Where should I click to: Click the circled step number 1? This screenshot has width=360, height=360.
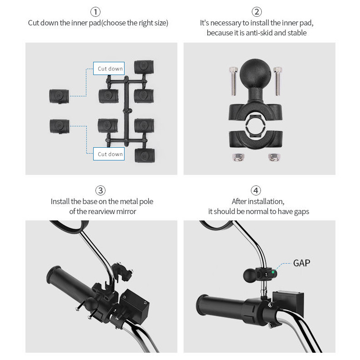tap(95, 12)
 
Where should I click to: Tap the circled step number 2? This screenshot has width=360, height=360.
tap(257, 12)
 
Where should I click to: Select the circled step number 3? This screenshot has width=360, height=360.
tap(100, 190)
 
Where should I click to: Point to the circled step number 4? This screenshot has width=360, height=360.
tap(256, 190)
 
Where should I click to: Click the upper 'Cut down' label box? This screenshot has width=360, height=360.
tap(109, 69)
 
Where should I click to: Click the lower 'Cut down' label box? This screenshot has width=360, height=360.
tap(109, 154)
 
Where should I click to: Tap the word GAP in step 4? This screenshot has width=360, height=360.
tap(302, 263)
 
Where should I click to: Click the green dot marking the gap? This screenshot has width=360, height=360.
tap(273, 272)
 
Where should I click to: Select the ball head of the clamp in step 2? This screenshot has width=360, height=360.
tap(255, 73)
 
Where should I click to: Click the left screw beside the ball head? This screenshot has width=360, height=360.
tap(233, 81)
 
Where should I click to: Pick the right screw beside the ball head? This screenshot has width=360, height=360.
tap(278, 81)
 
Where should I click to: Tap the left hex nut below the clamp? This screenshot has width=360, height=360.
tap(238, 157)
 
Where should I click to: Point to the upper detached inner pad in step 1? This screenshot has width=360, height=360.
tap(59, 96)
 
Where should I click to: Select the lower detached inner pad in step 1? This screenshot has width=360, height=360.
tap(60, 126)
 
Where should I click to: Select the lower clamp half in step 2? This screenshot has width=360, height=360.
tap(256, 139)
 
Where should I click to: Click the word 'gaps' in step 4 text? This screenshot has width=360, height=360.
tap(301, 212)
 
